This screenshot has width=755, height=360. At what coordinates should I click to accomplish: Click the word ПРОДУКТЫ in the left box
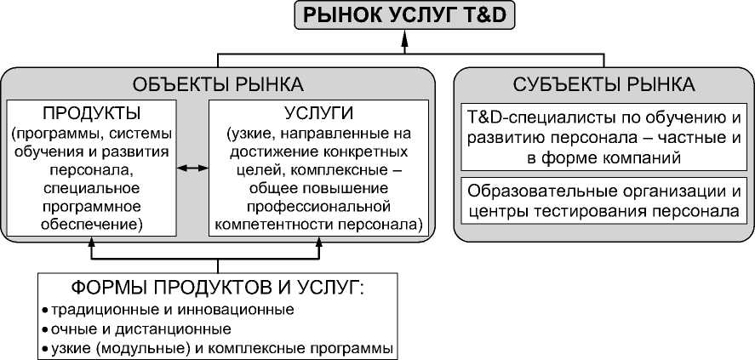[x=92, y=113]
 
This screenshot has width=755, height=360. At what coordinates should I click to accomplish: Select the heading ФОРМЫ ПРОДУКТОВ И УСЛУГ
[x=219, y=287]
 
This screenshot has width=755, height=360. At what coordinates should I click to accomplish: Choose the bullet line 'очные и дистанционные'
[x=141, y=329]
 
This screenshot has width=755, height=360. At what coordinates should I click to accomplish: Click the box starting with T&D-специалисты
[x=604, y=136]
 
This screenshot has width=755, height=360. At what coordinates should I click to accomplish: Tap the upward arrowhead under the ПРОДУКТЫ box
[x=92, y=243]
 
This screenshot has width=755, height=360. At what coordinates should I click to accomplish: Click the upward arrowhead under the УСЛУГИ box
[x=320, y=243]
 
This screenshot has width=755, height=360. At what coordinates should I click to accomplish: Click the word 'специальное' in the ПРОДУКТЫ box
[x=92, y=187]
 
